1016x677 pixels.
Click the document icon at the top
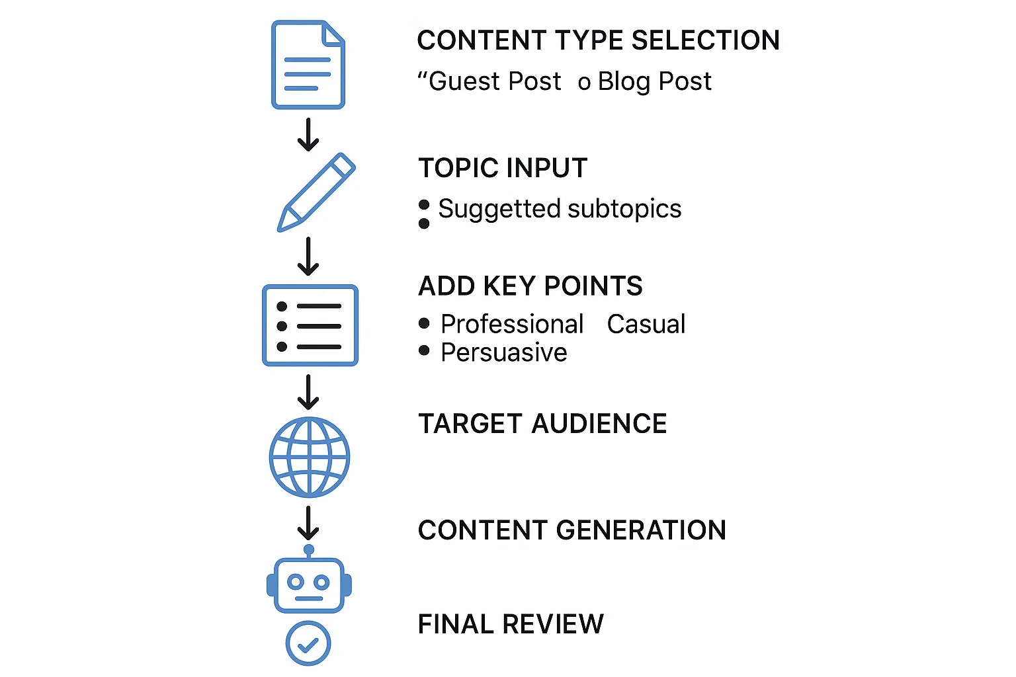pyautogui.click(x=308, y=65)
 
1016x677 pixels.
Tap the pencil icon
pyautogui.click(x=316, y=192)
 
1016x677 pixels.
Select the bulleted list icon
pyautogui.click(x=310, y=325)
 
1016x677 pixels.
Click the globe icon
pyautogui.click(x=310, y=457)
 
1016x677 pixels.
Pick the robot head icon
pyautogui.click(x=309, y=583)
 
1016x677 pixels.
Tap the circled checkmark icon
pyautogui.click(x=308, y=643)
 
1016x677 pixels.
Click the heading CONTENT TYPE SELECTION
pyautogui.click(x=598, y=40)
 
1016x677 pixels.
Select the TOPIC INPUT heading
pyautogui.click(x=503, y=168)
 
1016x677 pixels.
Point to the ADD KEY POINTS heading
pyautogui.click(x=530, y=286)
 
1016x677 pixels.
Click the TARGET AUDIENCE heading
pyautogui.click(x=542, y=424)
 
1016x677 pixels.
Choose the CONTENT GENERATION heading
pyautogui.click(x=571, y=530)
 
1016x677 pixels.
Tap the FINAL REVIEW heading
pyautogui.click(x=511, y=624)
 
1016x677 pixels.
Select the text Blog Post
pyautogui.click(x=654, y=81)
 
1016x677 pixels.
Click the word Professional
pyautogui.click(x=512, y=324)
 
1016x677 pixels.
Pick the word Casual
pyautogui.click(x=646, y=324)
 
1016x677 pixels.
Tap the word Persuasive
pyautogui.click(x=503, y=352)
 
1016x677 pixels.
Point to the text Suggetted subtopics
pyautogui.click(x=560, y=209)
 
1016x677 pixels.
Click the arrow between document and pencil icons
pyautogui.click(x=308, y=134)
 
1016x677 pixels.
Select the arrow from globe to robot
pyautogui.click(x=308, y=524)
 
